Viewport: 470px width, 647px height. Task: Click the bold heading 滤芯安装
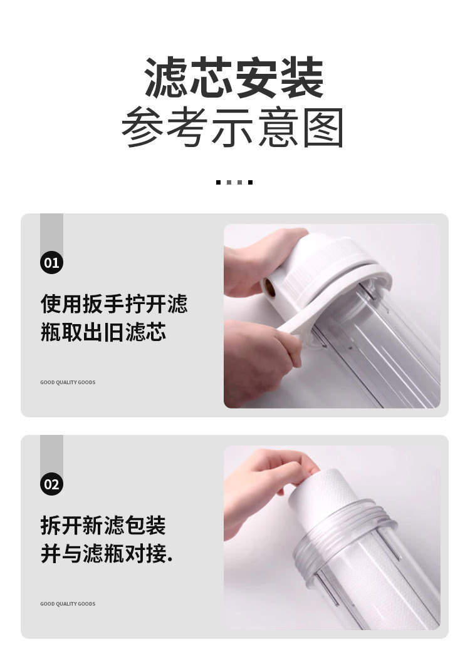[234, 78]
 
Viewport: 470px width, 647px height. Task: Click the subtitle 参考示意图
[232, 127]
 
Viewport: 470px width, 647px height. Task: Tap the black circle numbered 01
[51, 262]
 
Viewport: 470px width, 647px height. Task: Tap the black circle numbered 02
[51, 484]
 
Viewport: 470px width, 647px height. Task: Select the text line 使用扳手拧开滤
[114, 303]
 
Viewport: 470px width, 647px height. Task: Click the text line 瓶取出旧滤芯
[103, 332]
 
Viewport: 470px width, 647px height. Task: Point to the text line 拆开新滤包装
[103, 525]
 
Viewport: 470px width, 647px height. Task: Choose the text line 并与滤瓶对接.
[107, 553]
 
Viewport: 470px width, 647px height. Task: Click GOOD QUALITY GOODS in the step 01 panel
[68, 382]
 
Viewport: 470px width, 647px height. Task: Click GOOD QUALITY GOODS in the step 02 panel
[68, 604]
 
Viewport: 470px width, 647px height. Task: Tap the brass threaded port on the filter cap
[269, 287]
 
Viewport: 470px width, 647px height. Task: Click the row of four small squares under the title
[234, 182]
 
